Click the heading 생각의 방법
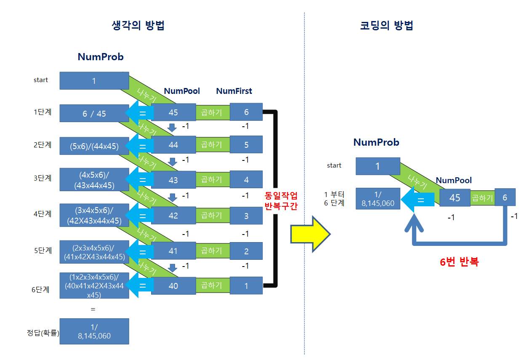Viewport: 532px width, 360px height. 138,26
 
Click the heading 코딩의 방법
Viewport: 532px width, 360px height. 386,26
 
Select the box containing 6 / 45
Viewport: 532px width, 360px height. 94,113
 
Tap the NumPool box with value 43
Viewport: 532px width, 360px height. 173,180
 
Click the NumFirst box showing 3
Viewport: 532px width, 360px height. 246,216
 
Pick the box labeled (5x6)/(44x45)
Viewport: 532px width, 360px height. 94,146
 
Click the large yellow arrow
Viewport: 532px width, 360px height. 311,234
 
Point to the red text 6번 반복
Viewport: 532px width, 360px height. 459,262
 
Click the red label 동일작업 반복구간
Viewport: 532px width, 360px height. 281,201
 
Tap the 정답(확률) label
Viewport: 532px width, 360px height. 43,333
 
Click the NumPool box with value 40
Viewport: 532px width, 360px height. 173,286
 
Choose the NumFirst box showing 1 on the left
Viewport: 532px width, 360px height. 246,286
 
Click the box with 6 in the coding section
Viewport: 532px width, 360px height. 505,197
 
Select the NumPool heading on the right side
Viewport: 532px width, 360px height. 454,180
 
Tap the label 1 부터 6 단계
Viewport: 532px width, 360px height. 334,199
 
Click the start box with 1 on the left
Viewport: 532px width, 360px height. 94,80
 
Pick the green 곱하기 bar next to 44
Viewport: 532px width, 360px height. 211,145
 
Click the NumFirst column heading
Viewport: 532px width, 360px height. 234,91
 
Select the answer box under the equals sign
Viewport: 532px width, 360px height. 94,331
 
